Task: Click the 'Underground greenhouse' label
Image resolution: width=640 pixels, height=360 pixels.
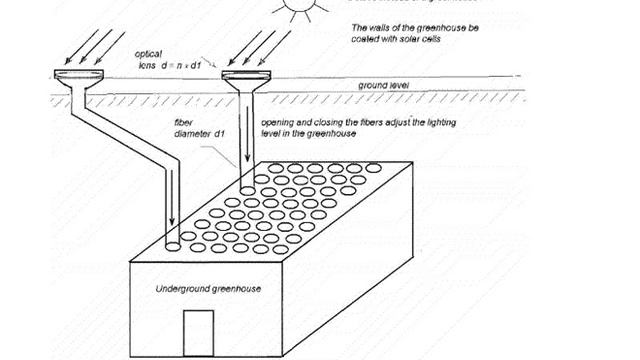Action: coord(208,289)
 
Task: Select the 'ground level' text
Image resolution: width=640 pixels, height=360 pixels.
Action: coord(399,86)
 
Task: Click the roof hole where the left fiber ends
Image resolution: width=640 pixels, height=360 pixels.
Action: coord(171,243)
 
